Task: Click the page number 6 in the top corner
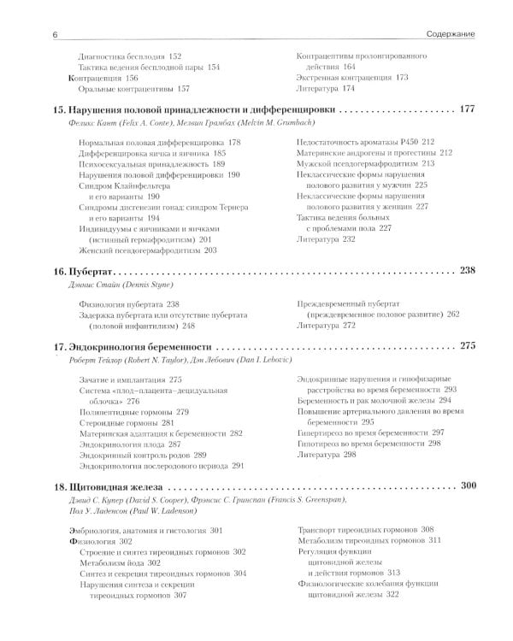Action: pyautogui.click(x=31, y=34)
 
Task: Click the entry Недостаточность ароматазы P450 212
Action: pyautogui.click(x=365, y=140)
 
